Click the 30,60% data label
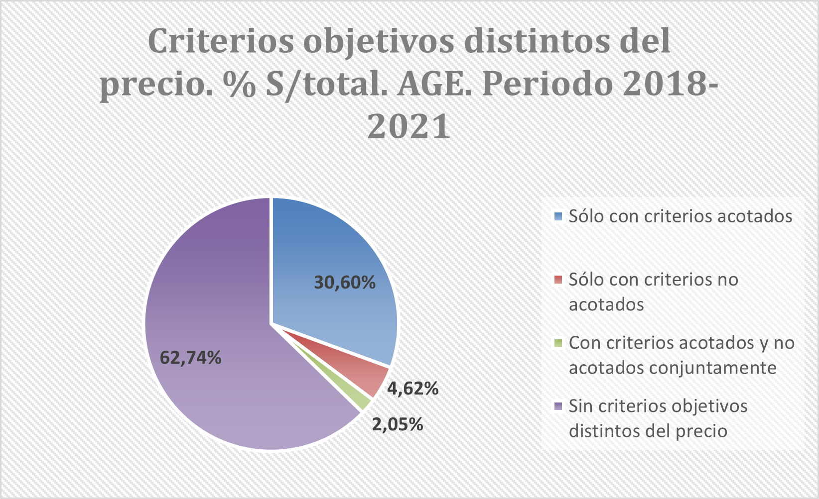(x=345, y=283)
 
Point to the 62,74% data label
(x=190, y=357)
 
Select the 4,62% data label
(x=413, y=388)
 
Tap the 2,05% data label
(x=398, y=424)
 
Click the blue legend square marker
(x=558, y=216)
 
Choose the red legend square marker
(x=558, y=280)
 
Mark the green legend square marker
(x=558, y=343)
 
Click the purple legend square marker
(x=558, y=406)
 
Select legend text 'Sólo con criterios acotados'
(x=681, y=216)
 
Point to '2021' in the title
(x=409, y=126)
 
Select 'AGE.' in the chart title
(x=435, y=84)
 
